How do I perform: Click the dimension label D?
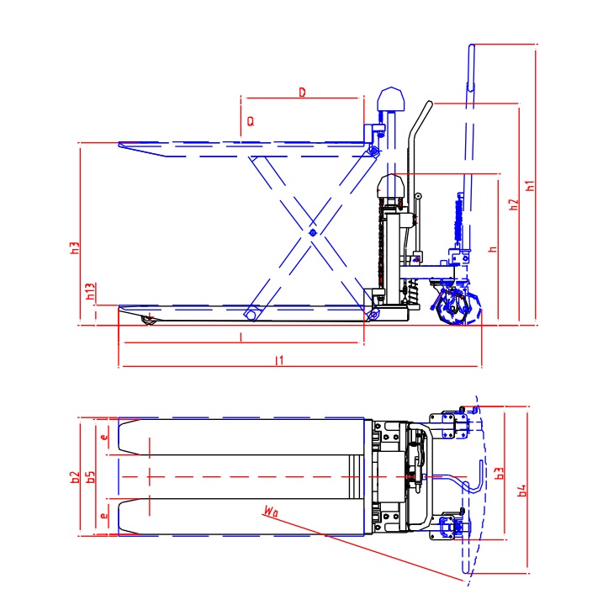[302, 91]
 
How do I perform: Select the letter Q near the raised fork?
[250, 121]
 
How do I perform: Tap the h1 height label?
[529, 185]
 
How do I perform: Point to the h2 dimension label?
[512, 204]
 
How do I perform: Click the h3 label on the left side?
[75, 248]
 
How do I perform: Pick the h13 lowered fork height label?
[90, 294]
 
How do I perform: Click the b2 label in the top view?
[75, 477]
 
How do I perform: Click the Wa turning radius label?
[270, 510]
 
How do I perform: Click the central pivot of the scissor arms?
[312, 231]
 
